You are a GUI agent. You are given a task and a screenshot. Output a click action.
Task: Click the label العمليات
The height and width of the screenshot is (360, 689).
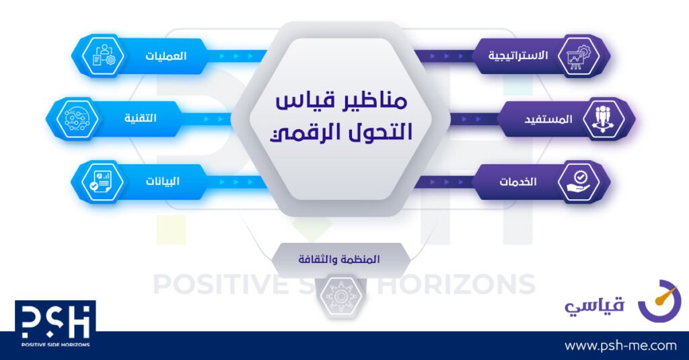[x=166, y=57]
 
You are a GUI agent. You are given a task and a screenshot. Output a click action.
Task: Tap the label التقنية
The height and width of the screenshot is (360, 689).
[x=140, y=118]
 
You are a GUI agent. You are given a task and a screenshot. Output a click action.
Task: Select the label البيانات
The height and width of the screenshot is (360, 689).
[x=163, y=181]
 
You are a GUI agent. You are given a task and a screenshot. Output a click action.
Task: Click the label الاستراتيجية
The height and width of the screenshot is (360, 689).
[x=518, y=56]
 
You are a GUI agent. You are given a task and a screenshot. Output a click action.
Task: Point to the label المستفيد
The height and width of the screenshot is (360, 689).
[x=548, y=119]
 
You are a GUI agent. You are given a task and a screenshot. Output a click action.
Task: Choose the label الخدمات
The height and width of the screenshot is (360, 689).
[x=518, y=182]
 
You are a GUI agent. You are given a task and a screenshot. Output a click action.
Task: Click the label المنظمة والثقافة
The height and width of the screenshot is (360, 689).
[x=339, y=259]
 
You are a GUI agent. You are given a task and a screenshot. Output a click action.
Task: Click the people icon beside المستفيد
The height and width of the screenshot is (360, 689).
[x=604, y=118]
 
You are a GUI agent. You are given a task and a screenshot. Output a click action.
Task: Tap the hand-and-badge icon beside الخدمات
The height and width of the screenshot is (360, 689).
[x=579, y=182]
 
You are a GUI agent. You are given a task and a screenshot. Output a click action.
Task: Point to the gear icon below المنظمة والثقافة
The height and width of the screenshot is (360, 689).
[x=340, y=296]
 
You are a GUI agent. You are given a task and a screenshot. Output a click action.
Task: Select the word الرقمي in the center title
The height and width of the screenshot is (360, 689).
[x=299, y=133]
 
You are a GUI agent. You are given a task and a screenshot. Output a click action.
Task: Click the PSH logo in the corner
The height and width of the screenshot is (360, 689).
[x=55, y=324]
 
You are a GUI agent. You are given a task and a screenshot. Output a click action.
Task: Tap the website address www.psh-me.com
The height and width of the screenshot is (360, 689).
[x=620, y=346]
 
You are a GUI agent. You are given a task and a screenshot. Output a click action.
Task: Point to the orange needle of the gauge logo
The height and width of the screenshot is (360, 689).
[x=664, y=295]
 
